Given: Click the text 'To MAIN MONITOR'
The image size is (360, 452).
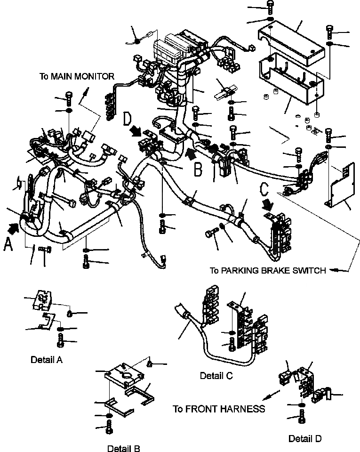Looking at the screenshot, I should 77,76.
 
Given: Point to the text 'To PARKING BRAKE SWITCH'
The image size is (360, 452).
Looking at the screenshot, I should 268,270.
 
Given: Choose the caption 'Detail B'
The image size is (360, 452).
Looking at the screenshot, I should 123,448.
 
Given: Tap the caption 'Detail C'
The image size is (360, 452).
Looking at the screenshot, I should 216,376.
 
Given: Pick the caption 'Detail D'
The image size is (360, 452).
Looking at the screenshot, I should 305,439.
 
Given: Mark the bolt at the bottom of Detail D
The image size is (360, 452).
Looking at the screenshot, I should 301,416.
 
